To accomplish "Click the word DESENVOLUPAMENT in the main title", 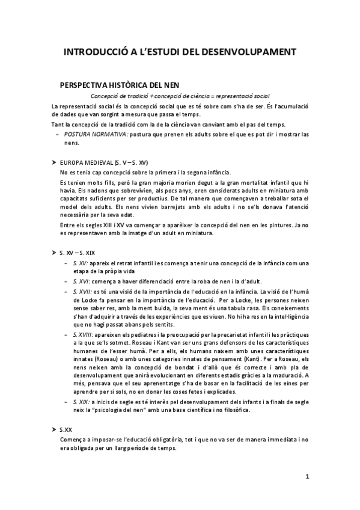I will (x=248, y=54).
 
